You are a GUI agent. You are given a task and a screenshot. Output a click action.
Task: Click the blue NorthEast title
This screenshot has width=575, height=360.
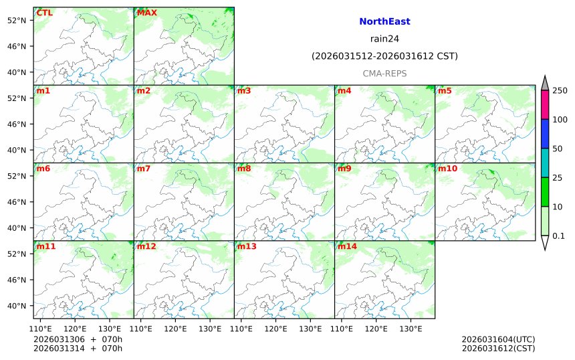(384, 21)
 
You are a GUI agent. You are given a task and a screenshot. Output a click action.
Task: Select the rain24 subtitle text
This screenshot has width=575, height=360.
(384, 39)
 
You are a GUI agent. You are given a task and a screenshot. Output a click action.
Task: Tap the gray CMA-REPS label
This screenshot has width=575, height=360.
(384, 74)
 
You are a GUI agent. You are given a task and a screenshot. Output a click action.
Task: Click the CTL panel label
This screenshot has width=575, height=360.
(45, 13)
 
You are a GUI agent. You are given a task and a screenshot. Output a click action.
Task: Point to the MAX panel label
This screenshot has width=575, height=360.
(146, 13)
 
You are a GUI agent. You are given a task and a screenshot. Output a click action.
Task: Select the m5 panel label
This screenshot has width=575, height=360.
(445, 90)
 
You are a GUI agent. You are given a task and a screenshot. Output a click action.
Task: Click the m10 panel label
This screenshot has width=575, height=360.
(447, 168)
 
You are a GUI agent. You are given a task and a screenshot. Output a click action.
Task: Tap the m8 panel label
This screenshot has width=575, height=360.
(244, 168)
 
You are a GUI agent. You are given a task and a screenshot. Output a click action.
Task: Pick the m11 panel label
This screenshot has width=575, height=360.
(46, 246)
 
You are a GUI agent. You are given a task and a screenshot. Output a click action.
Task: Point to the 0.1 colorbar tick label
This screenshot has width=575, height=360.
(558, 236)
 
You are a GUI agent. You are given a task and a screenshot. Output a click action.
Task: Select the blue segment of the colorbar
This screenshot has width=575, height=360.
(545, 134)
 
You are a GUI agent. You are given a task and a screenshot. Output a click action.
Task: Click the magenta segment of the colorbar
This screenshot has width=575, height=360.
(545, 104)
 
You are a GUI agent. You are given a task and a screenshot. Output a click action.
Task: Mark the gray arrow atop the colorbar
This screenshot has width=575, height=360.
(545, 83)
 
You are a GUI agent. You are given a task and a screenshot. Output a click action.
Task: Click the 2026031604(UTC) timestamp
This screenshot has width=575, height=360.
(498, 339)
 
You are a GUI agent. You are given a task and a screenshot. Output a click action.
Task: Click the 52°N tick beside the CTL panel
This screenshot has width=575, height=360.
(16, 20)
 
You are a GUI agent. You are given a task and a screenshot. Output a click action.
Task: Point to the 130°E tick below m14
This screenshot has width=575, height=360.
(410, 329)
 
